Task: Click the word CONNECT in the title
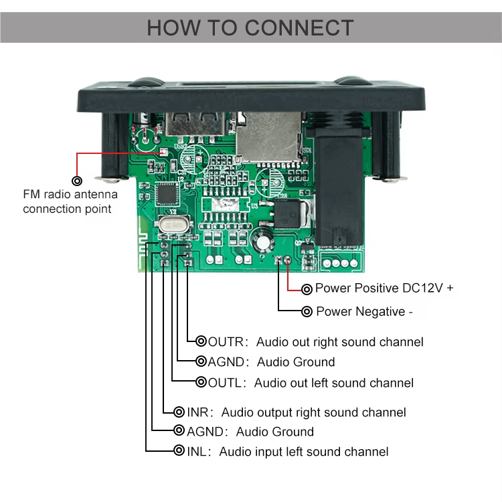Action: [299, 27]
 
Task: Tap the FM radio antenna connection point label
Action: [70, 201]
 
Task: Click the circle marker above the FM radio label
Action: [78, 181]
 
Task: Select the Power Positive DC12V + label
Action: [384, 288]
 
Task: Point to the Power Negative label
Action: [364, 311]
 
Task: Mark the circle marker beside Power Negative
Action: [307, 311]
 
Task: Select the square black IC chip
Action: [166, 195]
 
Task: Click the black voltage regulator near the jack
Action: [290, 216]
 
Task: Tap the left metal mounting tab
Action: [111, 178]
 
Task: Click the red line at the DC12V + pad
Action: [288, 275]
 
